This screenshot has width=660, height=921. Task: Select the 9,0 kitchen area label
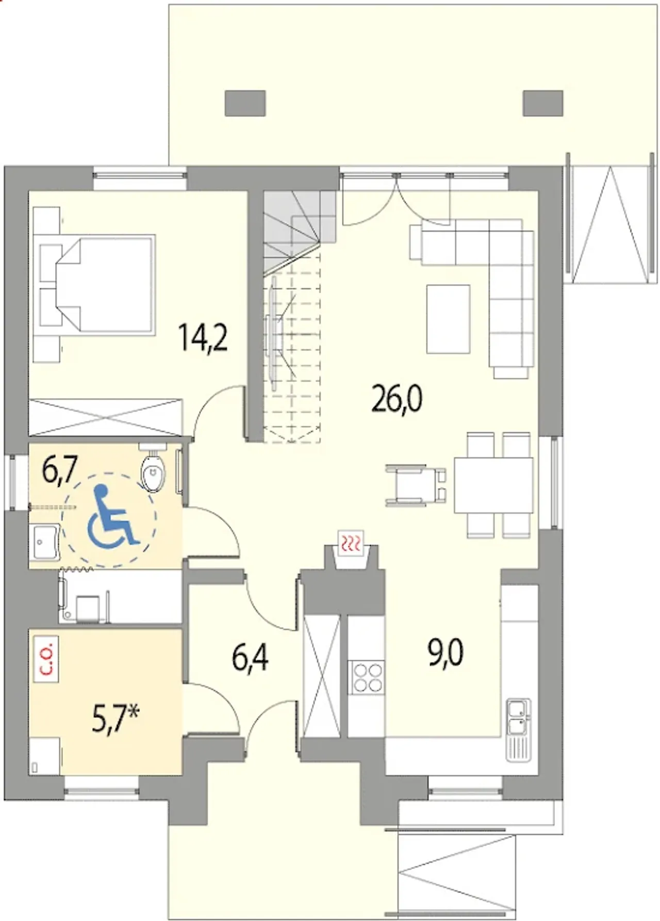(445, 652)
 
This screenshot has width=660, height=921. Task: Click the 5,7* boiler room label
(116, 719)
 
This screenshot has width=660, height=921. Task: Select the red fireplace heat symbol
(351, 543)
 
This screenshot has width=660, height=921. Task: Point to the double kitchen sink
(517, 717)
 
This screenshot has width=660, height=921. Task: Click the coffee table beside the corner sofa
(448, 319)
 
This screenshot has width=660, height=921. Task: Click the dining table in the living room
(493, 485)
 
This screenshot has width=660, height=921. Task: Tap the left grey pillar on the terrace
(245, 103)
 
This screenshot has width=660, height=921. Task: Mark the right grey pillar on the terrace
(542, 103)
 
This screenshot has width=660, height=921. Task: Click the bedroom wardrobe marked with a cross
(106, 417)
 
